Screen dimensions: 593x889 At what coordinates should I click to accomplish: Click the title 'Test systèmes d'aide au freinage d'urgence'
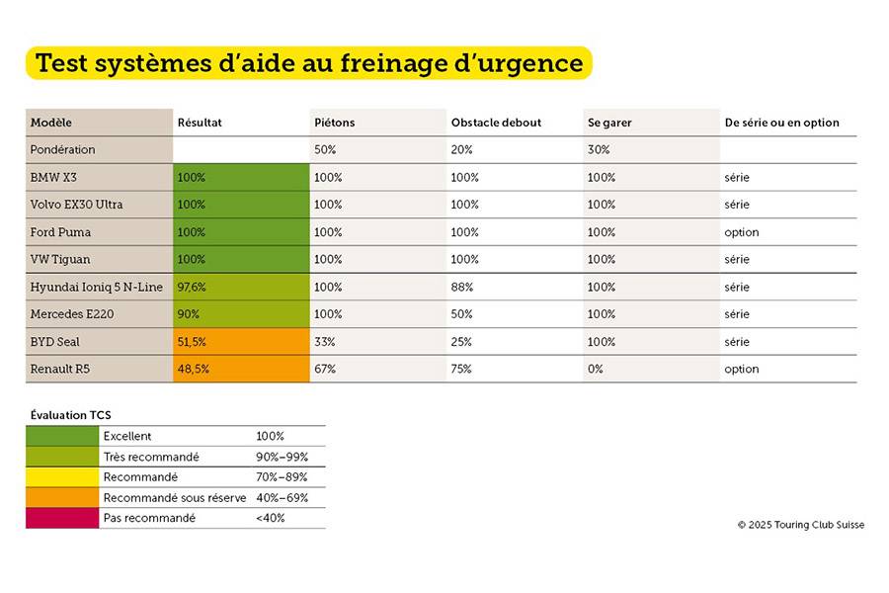[x=308, y=63]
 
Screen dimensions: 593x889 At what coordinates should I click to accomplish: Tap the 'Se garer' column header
[x=609, y=123]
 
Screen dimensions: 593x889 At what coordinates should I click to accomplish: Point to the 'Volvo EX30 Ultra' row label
[x=77, y=205]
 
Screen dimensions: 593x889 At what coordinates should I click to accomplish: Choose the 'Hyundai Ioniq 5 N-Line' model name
[x=96, y=287]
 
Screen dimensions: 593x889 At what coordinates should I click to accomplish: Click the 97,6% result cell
[x=194, y=287]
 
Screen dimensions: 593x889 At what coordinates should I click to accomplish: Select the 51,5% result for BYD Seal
[x=194, y=342]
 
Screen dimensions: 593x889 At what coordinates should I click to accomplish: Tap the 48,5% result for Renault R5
[x=194, y=369]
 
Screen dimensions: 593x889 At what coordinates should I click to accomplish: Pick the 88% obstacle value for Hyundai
[x=462, y=287]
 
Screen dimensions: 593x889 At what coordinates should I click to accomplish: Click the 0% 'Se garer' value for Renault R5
[x=596, y=369]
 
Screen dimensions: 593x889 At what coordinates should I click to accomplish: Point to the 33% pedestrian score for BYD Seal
[x=324, y=342]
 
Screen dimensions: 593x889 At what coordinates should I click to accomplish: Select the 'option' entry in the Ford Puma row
[x=741, y=232]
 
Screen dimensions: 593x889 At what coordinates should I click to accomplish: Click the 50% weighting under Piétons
[x=324, y=150]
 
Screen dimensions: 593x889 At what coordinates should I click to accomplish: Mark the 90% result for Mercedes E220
[x=189, y=314]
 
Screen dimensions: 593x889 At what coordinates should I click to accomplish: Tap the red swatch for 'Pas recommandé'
[x=62, y=518]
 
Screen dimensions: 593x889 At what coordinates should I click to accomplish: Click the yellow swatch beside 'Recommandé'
[x=62, y=477]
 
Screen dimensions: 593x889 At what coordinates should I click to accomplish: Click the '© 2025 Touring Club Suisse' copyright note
[x=800, y=525]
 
